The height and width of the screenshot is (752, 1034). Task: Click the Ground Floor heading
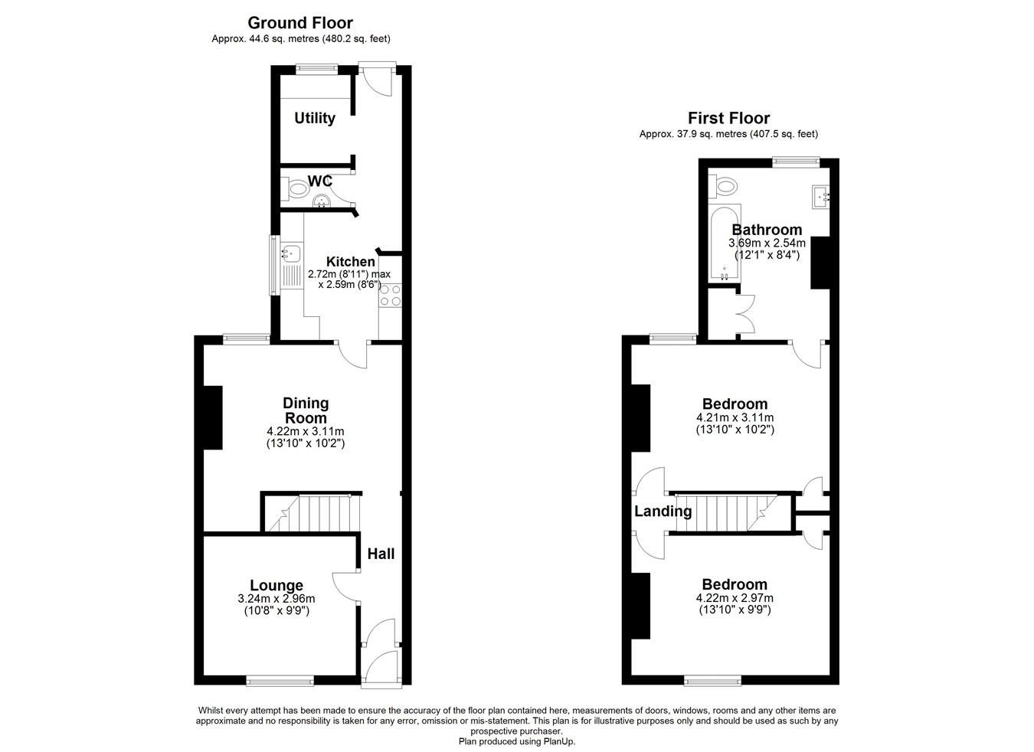[x=300, y=23]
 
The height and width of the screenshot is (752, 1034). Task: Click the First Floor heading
[x=728, y=118]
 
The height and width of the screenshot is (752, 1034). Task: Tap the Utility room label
[x=315, y=118]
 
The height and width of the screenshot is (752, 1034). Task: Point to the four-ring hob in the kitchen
[x=389, y=295]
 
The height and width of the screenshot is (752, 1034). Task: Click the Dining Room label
[x=306, y=410]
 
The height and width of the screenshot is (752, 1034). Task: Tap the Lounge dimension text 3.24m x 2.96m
[x=276, y=599]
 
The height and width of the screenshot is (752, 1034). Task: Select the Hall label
[x=381, y=554]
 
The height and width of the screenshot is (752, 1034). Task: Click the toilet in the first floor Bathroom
[x=724, y=185]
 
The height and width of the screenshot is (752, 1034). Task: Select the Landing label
[x=663, y=511]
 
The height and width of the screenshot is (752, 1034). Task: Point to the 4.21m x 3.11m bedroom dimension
[x=735, y=417]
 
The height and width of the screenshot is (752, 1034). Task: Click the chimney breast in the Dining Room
[x=212, y=417]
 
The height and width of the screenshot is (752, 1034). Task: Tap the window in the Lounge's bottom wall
[x=280, y=679]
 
